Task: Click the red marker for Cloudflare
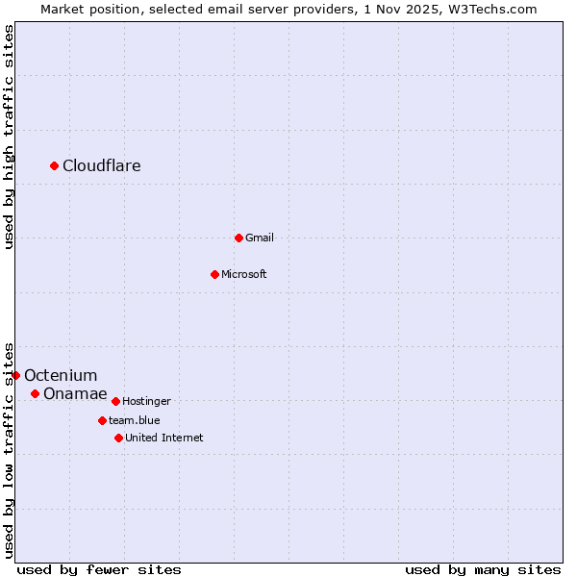[55, 166]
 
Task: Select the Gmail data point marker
[238, 238]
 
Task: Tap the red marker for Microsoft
[215, 274]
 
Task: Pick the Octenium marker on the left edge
[16, 375]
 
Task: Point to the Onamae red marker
[36, 393]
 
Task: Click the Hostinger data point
[115, 401]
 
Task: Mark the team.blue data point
[102, 420]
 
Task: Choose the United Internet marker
[118, 438]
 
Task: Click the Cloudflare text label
[102, 166]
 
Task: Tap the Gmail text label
[260, 238]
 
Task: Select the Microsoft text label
[244, 274]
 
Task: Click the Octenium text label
[61, 375]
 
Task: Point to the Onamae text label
[75, 393]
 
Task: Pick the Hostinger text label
[146, 401]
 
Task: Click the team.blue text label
[135, 420]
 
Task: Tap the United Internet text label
[164, 438]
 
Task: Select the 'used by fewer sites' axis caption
[99, 569]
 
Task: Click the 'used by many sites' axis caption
[483, 569]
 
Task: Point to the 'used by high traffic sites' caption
[9, 137]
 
